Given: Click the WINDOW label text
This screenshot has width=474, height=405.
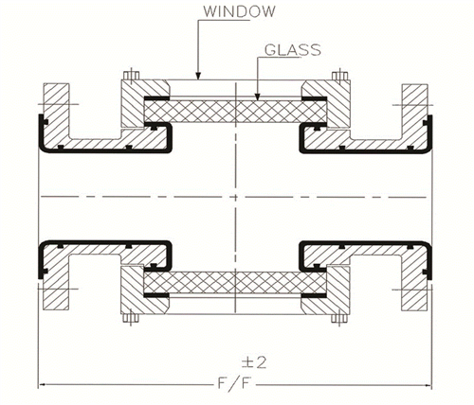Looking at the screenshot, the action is (239, 11).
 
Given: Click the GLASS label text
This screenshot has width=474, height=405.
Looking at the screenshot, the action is (293, 50).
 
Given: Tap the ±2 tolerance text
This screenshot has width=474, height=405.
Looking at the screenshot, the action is (254, 362).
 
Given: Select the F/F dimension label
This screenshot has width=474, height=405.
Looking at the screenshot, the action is (234, 384).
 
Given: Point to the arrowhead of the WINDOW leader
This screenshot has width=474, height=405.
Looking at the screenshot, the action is (198, 76).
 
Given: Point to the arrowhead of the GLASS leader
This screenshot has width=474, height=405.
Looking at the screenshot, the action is (257, 97).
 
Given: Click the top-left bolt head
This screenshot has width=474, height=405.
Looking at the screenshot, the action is (131, 76).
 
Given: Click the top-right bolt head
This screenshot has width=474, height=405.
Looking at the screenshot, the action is (340, 76).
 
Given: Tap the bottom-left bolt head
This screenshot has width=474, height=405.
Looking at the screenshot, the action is (131, 318).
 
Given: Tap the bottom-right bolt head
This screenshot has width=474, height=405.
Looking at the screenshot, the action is (339, 318).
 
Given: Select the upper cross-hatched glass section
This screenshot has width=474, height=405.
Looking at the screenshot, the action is (235, 112).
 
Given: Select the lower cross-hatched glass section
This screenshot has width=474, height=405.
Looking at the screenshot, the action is (235, 282).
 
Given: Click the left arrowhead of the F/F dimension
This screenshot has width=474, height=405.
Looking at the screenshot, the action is (43, 384).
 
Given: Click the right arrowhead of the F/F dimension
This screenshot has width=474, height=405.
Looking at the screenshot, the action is (428, 385).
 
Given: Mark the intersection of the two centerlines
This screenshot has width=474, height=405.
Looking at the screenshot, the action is (235, 197).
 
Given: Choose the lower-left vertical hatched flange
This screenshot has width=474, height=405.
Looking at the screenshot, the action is (56, 282).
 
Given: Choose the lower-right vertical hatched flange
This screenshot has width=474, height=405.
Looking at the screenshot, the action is (414, 282).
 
